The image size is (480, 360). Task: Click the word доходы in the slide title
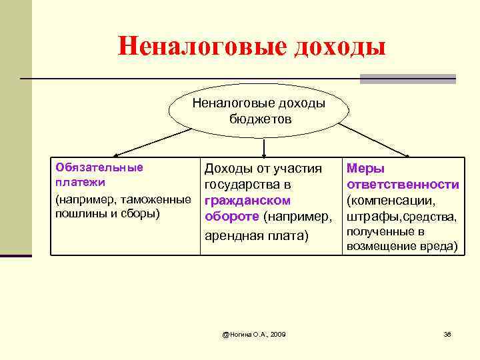(339, 47)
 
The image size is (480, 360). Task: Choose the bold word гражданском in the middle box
(247, 200)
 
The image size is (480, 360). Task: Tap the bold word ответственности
(403, 185)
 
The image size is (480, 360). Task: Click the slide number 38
(447, 333)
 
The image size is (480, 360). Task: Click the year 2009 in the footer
(275, 333)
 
